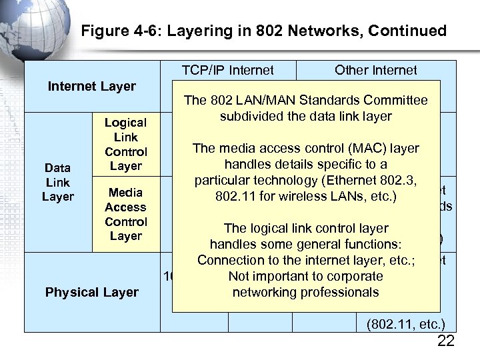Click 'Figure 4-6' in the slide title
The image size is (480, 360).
(x=111, y=31)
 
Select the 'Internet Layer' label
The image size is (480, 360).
(x=92, y=86)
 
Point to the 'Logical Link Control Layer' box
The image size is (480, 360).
(x=125, y=144)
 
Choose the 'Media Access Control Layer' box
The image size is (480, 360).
(x=125, y=214)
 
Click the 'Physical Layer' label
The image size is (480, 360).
(x=92, y=292)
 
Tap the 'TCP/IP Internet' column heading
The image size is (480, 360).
(x=227, y=70)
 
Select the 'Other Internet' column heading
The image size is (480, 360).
(x=375, y=70)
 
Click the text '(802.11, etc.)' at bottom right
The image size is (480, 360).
(x=406, y=325)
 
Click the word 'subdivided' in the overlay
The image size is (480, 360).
(x=249, y=117)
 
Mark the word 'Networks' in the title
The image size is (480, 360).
(x=339, y=31)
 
